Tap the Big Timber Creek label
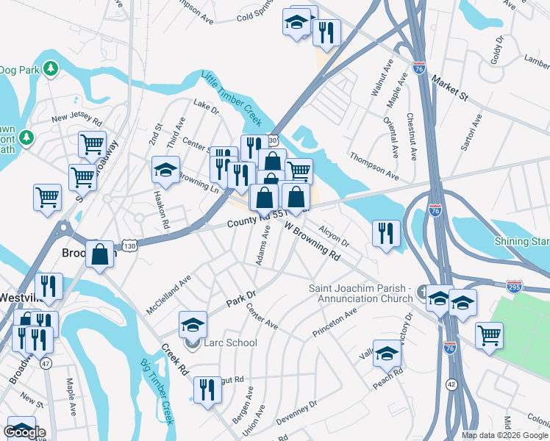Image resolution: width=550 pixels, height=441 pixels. click(156, 392)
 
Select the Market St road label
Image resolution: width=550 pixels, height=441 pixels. click(450, 87)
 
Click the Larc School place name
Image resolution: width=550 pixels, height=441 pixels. click(232, 343)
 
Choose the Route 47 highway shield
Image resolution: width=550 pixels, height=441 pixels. click(46, 363)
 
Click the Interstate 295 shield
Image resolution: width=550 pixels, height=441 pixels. click(515, 286)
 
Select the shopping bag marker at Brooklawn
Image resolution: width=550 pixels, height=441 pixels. click(100, 255)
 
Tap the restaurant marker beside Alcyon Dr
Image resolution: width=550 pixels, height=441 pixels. click(386, 234)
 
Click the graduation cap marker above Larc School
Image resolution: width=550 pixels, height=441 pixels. click(193, 324)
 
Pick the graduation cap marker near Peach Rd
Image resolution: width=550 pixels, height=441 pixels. click(387, 354)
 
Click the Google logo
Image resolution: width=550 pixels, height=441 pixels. click(24, 432)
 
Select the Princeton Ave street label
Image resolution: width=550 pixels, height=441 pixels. click(335, 321)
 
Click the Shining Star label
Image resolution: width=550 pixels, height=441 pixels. click(522, 241)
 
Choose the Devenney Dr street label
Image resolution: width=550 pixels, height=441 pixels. click(297, 414)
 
